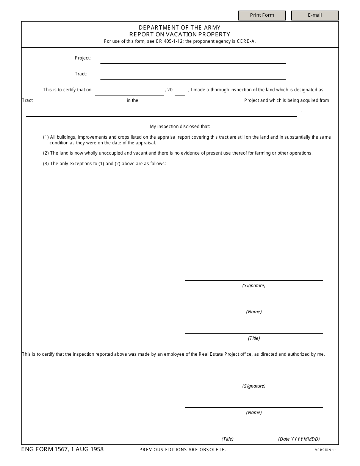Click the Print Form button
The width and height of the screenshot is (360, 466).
pyautogui.click(x=262, y=15)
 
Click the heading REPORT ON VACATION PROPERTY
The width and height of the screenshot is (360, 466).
pyautogui.click(x=180, y=34)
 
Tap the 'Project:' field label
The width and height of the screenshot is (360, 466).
pyautogui.click(x=83, y=58)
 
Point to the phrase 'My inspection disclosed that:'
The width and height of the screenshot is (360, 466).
pyautogui.click(x=180, y=127)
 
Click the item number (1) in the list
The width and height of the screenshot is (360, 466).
pyautogui.click(x=46, y=137)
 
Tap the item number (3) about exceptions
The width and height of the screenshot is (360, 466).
pyautogui.click(x=46, y=164)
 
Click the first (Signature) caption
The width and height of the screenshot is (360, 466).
pyautogui.click(x=254, y=286)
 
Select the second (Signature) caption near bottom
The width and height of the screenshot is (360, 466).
pyautogui.click(x=254, y=386)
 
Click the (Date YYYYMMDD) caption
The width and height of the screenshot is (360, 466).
pyautogui.click(x=299, y=439)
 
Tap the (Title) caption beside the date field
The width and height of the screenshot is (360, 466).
pyautogui.click(x=227, y=439)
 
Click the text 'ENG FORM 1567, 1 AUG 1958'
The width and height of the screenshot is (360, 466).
pyautogui.click(x=63, y=449)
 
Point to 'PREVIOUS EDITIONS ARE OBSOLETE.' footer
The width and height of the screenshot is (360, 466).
pyautogui.click(x=183, y=450)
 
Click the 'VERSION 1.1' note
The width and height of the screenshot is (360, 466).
pyautogui.click(x=326, y=450)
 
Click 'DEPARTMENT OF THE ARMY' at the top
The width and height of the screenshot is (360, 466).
pyautogui.click(x=180, y=28)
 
